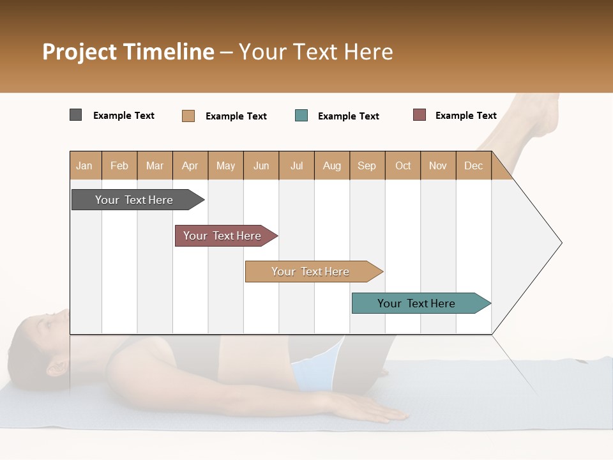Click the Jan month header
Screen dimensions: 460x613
(x=84, y=165)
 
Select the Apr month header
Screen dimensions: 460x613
(x=190, y=165)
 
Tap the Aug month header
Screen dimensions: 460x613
(x=331, y=165)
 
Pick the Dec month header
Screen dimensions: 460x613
(x=473, y=165)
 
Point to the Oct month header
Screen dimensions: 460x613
(x=403, y=165)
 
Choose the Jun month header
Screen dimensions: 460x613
(x=261, y=165)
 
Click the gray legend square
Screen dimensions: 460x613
(x=75, y=115)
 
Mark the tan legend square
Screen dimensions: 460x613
(x=188, y=116)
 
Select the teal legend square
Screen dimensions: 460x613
(x=301, y=116)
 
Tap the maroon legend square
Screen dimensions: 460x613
(x=419, y=115)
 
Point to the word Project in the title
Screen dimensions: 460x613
(x=80, y=52)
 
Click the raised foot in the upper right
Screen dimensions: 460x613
(x=546, y=118)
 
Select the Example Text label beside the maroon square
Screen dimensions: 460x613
(x=465, y=116)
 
